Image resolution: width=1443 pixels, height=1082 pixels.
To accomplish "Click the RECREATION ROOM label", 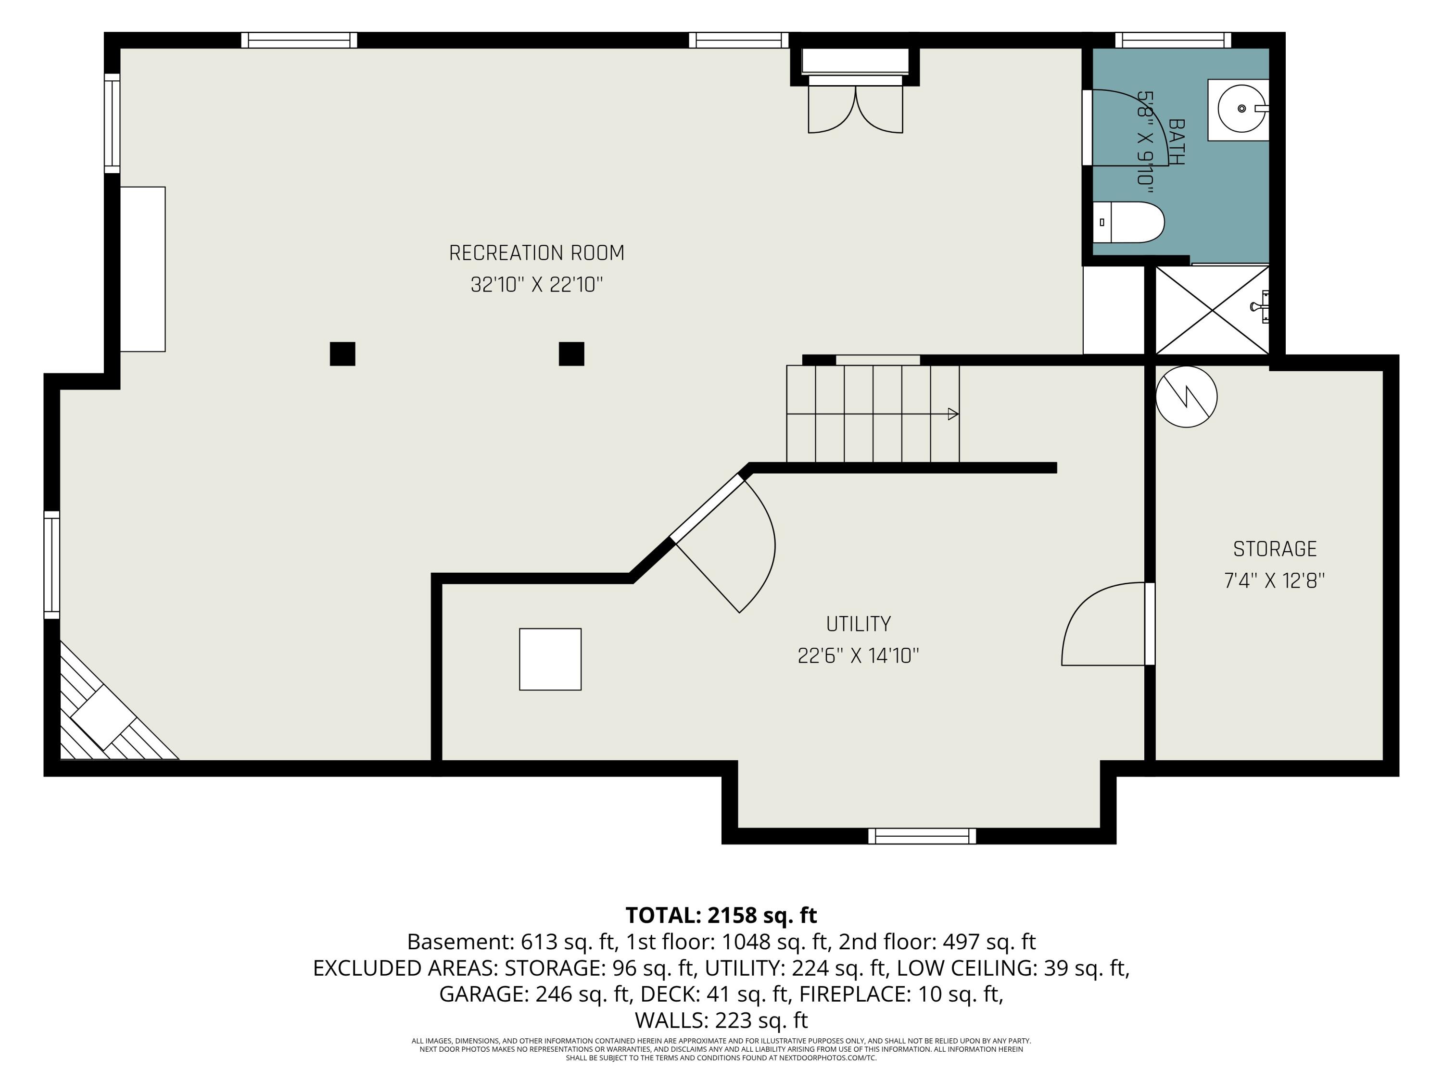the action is [x=536, y=253].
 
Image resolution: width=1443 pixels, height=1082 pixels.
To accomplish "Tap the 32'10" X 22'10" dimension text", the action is [x=536, y=285].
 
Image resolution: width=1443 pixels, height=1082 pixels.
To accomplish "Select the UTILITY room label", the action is [x=859, y=624].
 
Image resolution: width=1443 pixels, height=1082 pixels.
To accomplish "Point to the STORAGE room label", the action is [x=1275, y=549].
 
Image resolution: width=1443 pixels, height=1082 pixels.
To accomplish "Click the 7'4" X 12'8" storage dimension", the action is [x=1275, y=580].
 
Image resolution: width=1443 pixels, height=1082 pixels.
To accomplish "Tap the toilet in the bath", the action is [x=1128, y=222].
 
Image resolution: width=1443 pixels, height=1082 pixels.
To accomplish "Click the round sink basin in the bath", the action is [x=1241, y=109].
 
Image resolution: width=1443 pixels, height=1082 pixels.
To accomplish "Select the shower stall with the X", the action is [x=1212, y=311].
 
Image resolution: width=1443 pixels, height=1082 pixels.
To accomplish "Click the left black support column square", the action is [x=342, y=353].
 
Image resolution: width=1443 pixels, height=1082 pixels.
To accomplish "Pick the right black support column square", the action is [x=571, y=353].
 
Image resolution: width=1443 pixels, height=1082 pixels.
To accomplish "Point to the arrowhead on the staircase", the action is [x=953, y=414].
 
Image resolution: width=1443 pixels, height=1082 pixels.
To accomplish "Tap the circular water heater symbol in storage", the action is [x=1186, y=397].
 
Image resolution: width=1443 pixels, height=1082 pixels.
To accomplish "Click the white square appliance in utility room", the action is [x=550, y=659].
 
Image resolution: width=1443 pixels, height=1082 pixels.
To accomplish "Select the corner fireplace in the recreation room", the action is [x=111, y=711].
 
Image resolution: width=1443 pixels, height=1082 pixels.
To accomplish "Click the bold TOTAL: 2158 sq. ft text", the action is [x=721, y=915].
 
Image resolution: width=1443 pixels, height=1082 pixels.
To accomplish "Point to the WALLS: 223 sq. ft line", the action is [x=721, y=1019].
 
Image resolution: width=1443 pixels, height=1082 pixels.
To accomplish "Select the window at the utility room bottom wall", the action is [x=922, y=836].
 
